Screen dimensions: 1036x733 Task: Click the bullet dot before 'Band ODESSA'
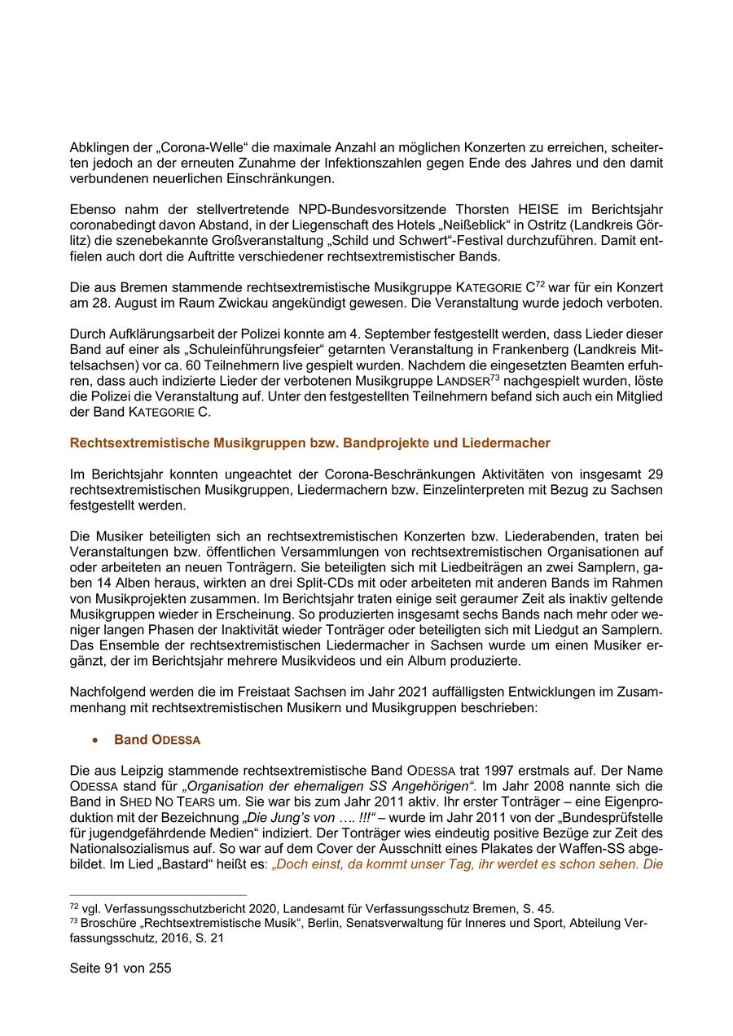click(96, 740)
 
